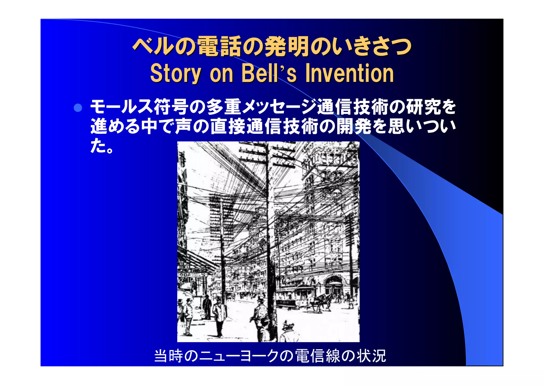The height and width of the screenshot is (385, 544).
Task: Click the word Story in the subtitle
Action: coord(176,73)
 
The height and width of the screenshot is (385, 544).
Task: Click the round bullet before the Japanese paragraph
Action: coord(78,108)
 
